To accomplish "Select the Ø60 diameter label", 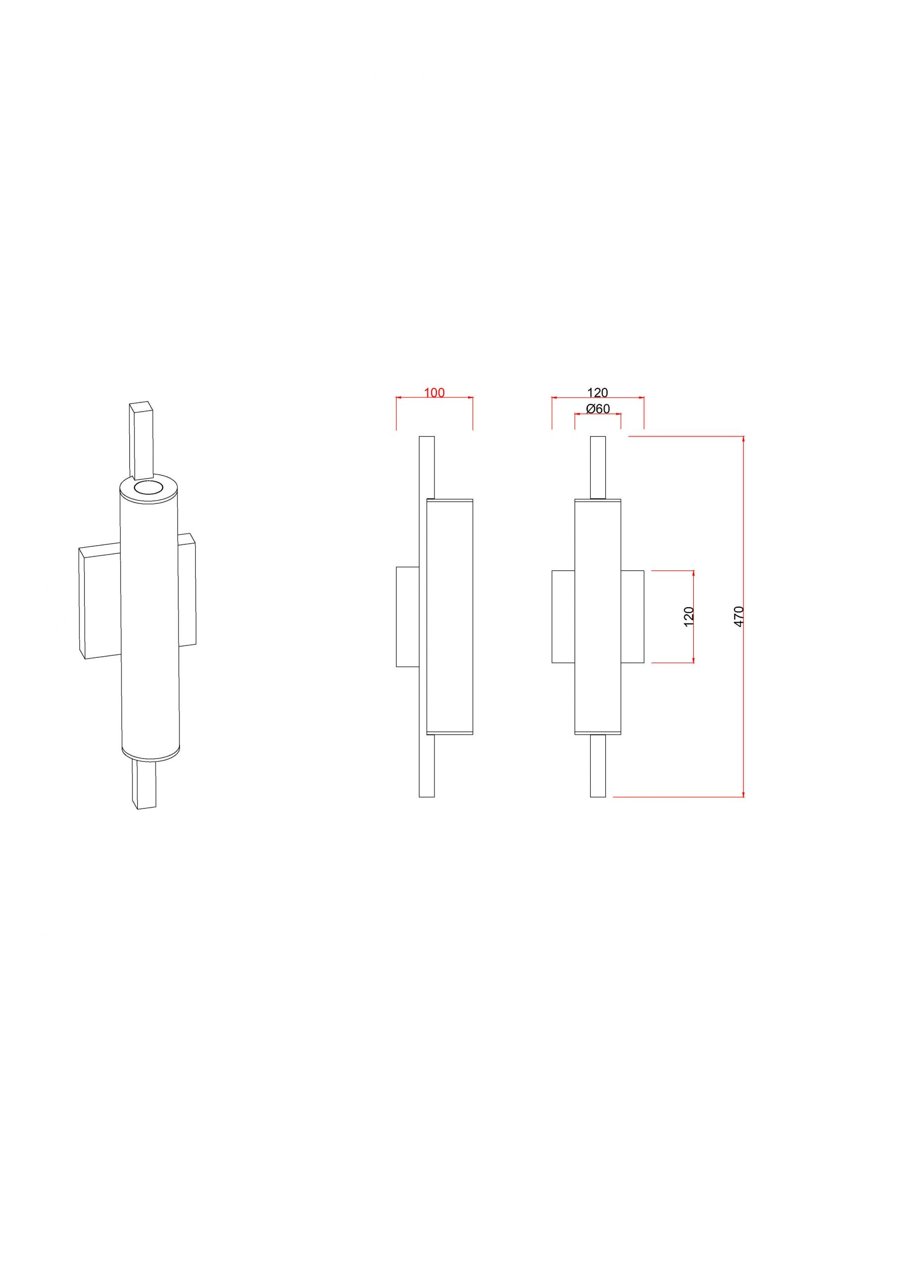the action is point(598,409).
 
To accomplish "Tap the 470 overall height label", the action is point(739,616).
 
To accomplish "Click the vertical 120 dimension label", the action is point(689,616).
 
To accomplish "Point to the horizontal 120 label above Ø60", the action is point(597,393).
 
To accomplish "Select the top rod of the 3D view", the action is point(141,441).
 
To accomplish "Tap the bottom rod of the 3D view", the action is point(144,785).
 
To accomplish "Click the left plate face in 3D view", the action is point(100,603).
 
